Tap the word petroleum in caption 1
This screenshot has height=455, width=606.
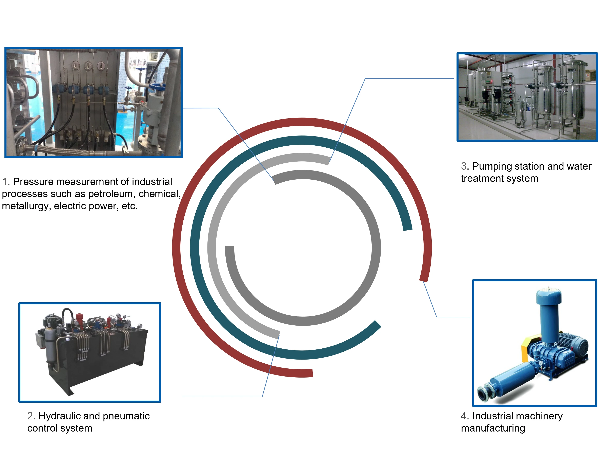point(110,194)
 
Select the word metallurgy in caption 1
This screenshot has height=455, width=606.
point(26,206)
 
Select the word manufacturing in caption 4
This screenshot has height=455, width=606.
point(493,428)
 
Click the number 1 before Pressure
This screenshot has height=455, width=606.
point(5,182)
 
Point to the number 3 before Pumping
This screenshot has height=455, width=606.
point(464,166)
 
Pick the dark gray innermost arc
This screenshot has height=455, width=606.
point(376,247)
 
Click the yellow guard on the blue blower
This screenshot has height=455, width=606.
point(527,348)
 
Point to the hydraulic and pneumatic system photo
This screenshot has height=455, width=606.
point(89,352)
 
